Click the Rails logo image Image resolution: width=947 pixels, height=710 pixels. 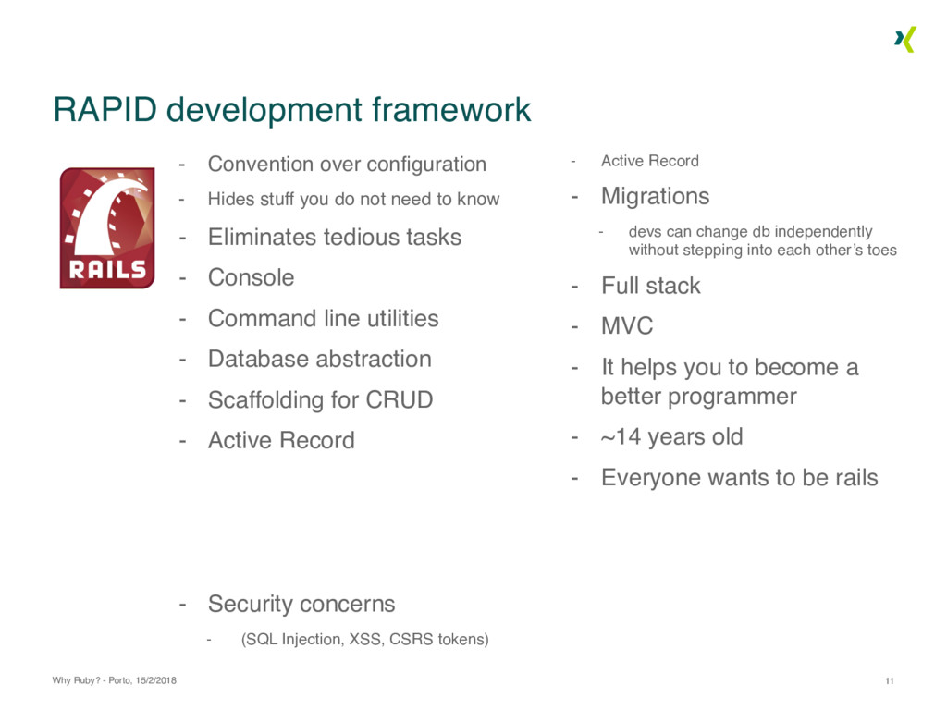pyautogui.click(x=107, y=228)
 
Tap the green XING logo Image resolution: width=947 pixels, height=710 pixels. pyautogui.click(x=905, y=39)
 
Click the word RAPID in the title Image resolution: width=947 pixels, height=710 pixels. pyautogui.click(x=105, y=110)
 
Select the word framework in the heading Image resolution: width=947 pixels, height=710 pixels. pyautogui.click(x=451, y=110)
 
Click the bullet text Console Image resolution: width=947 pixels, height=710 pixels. pyautogui.click(x=252, y=277)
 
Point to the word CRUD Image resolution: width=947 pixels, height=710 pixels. pyautogui.click(x=400, y=399)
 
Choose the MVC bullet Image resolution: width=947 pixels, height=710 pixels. pyautogui.click(x=627, y=326)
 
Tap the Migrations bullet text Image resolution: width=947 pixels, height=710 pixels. pyautogui.click(x=656, y=196)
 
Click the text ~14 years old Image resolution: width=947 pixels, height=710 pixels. pyautogui.click(x=671, y=436)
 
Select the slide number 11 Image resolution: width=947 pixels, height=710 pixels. pyautogui.click(x=890, y=681)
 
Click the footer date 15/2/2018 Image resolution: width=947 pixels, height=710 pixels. pyautogui.click(x=155, y=680)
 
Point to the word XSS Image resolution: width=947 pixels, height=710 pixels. pyautogui.click(x=365, y=640)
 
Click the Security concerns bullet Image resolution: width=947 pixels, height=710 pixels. pyautogui.click(x=301, y=604)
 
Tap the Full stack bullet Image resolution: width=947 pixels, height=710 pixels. pyautogui.click(x=651, y=286)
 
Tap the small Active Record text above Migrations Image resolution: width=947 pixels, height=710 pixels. pyautogui.click(x=650, y=161)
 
